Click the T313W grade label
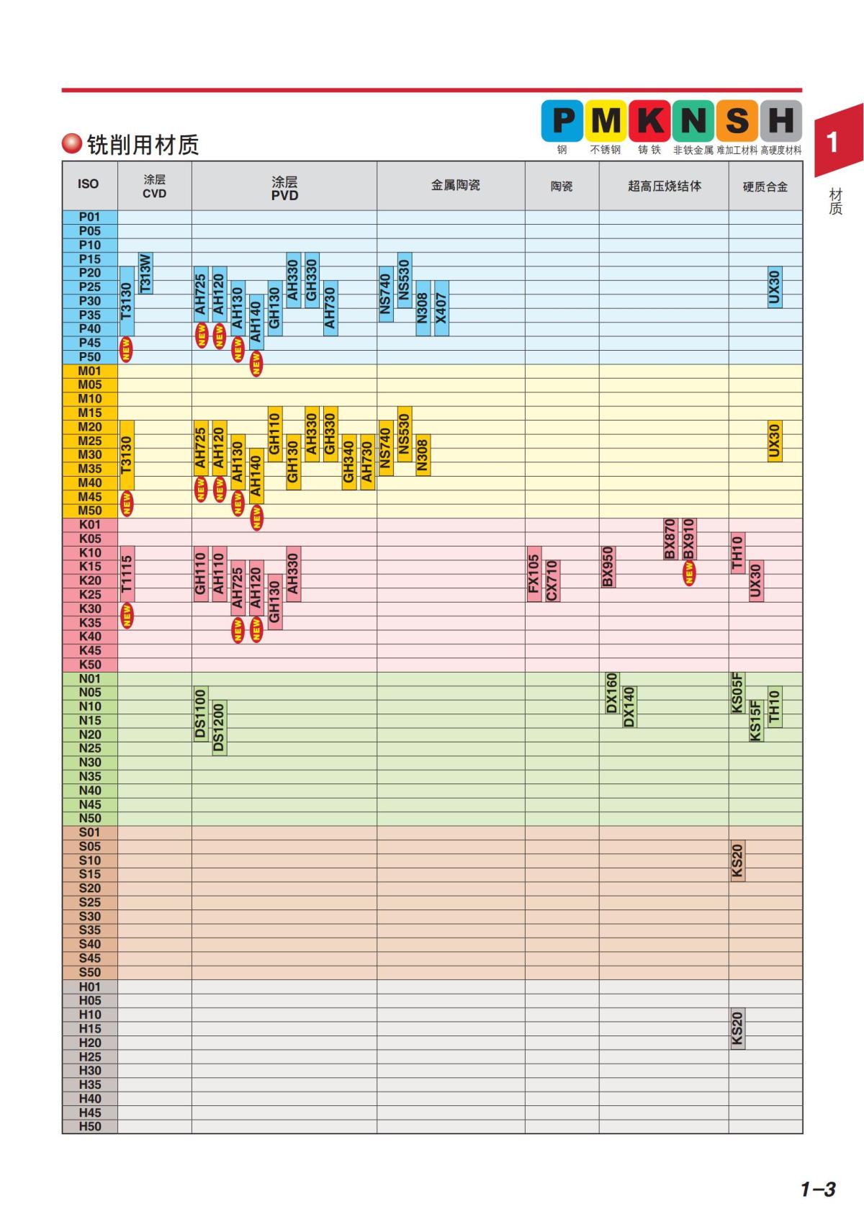click(x=145, y=273)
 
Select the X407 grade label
click(x=441, y=307)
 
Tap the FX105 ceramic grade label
click(x=534, y=573)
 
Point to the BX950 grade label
click(x=608, y=567)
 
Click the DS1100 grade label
click(x=201, y=714)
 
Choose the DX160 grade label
click(x=611, y=693)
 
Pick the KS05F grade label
click(x=737, y=693)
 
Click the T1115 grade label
click(x=127, y=573)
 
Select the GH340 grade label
click(x=348, y=462)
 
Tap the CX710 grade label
click(x=552, y=580)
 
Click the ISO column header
click(x=89, y=184)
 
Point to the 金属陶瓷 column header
click(x=455, y=186)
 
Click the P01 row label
click(x=90, y=217)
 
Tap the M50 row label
click(x=90, y=511)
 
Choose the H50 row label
click(x=90, y=1126)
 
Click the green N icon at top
click(x=693, y=120)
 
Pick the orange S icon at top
click(x=737, y=120)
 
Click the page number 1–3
click(x=818, y=1189)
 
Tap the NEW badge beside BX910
click(x=689, y=573)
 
